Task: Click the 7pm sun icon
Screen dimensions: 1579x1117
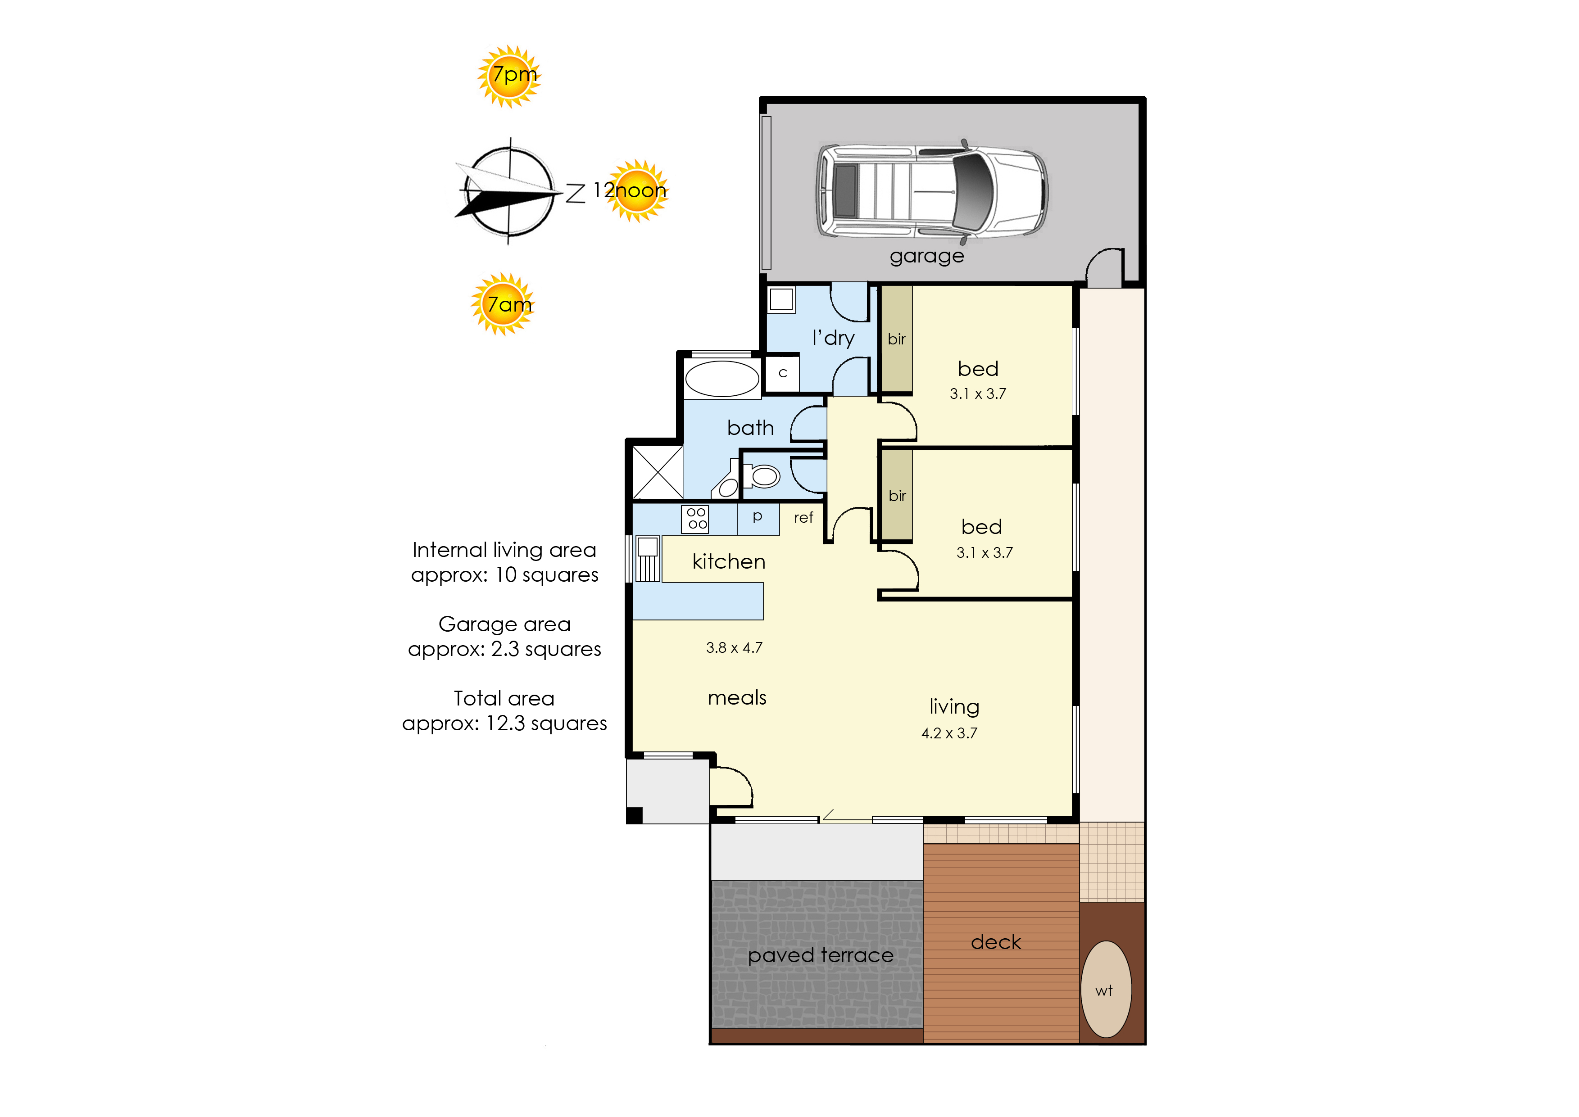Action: click(x=509, y=76)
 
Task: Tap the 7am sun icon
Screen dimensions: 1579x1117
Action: click(x=503, y=304)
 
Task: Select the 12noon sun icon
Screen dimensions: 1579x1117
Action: click(x=636, y=190)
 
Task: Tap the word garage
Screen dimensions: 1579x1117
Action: click(x=927, y=257)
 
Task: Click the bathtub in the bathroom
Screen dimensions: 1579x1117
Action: click(x=722, y=378)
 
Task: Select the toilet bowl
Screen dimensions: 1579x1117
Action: click(x=761, y=475)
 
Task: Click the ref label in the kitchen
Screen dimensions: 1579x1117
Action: click(x=803, y=517)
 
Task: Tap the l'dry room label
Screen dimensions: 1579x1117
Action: click(x=833, y=338)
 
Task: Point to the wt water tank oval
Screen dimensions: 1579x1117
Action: click(x=1106, y=989)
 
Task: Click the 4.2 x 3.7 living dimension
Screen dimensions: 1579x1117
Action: click(x=949, y=733)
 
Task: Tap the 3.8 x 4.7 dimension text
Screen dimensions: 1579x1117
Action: click(x=734, y=647)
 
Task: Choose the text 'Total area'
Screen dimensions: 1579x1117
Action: click(x=504, y=698)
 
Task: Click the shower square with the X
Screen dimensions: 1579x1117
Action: click(x=658, y=472)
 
